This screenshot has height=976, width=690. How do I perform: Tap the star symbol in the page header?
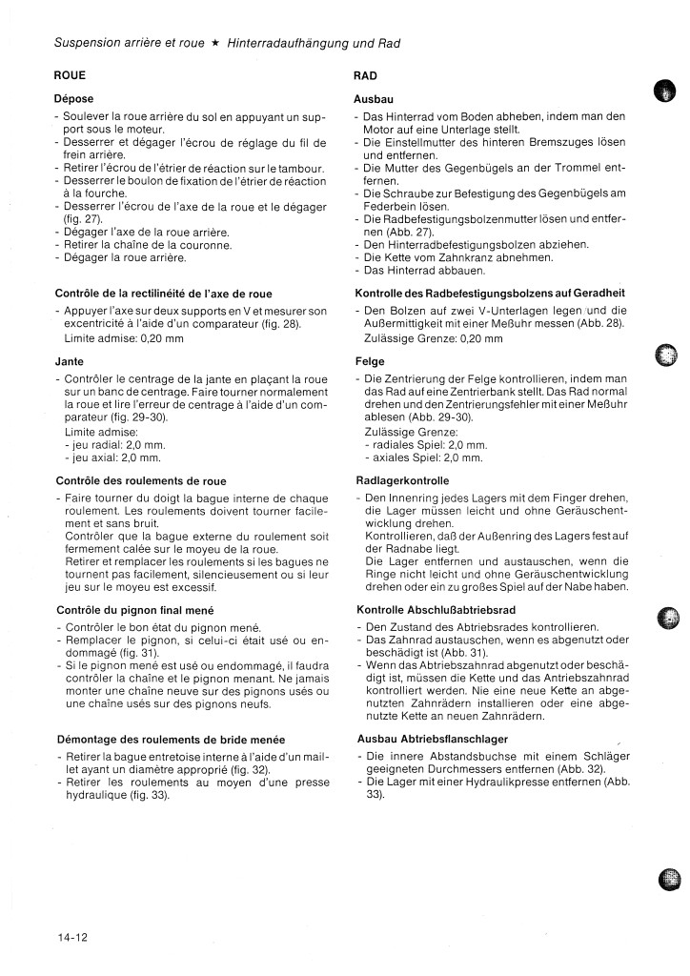point(217,44)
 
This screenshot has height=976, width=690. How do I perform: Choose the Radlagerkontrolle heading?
point(401,480)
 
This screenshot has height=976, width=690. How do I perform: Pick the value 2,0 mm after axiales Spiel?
point(461,457)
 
